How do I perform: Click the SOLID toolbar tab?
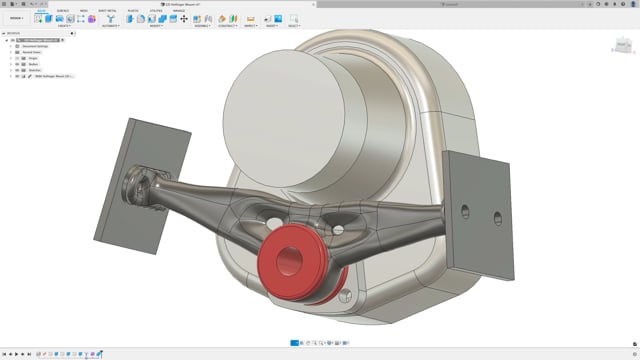42,10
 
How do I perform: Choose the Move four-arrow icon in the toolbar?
183,18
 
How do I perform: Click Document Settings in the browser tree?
37,46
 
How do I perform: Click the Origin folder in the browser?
31,53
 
